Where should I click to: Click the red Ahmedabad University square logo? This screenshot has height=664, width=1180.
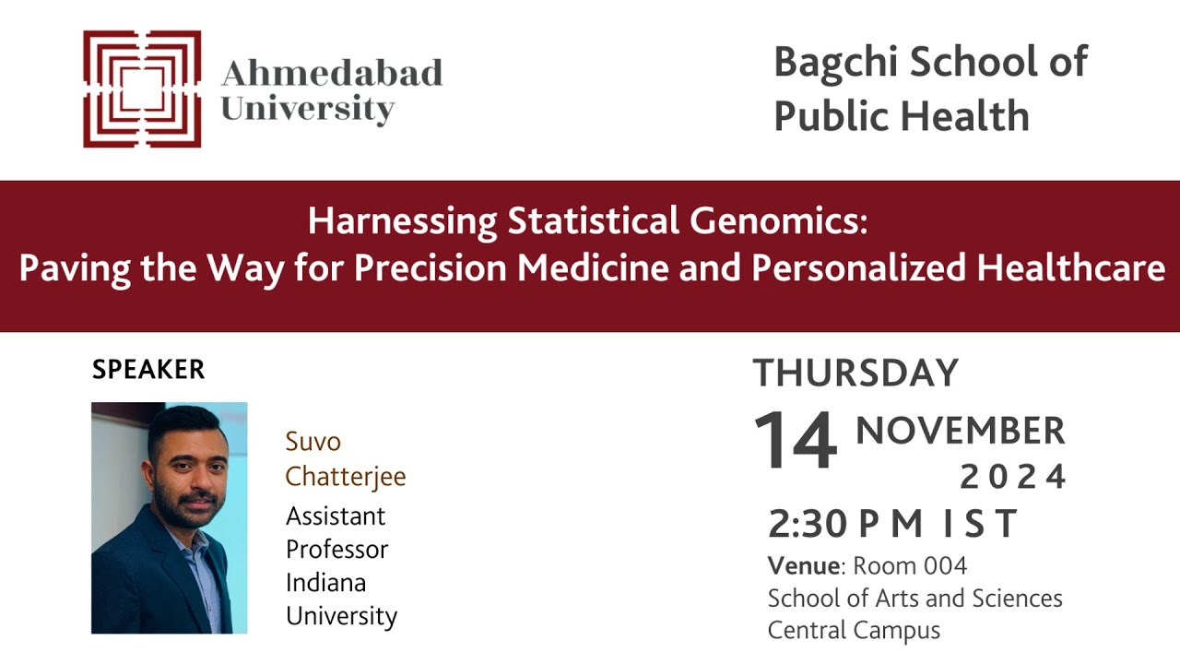tap(142, 89)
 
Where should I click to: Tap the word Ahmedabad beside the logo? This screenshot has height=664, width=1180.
tap(332, 72)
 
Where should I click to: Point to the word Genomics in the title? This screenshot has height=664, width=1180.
tap(779, 221)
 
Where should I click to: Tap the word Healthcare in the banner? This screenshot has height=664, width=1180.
tap(1070, 267)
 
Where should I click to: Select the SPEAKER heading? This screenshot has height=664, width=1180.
tap(148, 370)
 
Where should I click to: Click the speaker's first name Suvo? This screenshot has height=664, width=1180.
tap(313, 442)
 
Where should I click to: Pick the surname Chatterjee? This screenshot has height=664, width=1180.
tap(346, 477)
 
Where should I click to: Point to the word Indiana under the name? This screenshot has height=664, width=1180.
tap(325, 583)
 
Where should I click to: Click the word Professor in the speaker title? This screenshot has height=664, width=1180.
tap(337, 550)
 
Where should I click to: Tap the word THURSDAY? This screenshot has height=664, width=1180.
tap(855, 373)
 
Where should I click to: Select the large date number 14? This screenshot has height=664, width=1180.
tap(796, 441)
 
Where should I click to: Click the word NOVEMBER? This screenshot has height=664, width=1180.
tap(961, 431)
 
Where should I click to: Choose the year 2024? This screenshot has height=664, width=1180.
tap(1013, 478)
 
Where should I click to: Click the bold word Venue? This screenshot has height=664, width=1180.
tap(804, 566)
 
